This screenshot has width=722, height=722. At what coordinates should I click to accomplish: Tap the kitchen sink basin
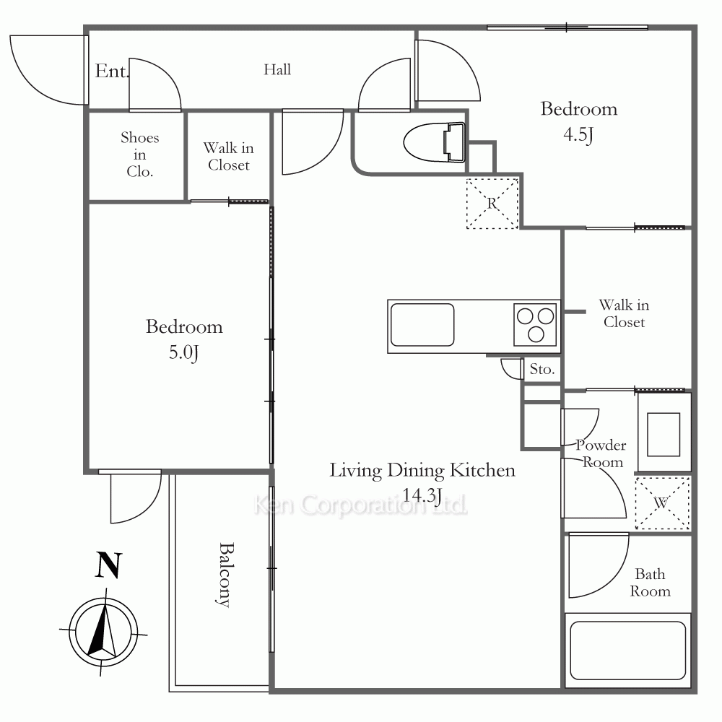(422, 325)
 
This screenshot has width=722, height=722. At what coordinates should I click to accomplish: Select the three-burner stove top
(535, 325)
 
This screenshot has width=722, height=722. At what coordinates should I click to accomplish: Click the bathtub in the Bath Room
(627, 651)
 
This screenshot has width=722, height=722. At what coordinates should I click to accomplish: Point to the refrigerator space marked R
(492, 204)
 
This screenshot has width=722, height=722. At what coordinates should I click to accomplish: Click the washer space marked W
(662, 503)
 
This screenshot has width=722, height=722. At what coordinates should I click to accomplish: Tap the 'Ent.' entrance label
(112, 71)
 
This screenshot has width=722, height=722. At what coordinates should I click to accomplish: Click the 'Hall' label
(277, 69)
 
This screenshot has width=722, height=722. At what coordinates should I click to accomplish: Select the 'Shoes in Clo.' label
(140, 155)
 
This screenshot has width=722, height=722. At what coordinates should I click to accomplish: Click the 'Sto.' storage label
(542, 369)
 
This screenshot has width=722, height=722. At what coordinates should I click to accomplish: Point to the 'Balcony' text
(225, 575)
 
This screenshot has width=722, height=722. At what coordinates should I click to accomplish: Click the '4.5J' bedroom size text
(578, 135)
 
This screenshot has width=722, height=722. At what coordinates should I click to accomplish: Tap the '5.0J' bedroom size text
(183, 353)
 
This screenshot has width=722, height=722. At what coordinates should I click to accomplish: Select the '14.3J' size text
(422, 495)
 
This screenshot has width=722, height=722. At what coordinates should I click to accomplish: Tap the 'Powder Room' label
(602, 453)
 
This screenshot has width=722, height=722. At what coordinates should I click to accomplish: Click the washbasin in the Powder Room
(664, 434)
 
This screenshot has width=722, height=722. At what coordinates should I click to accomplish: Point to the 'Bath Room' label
(651, 583)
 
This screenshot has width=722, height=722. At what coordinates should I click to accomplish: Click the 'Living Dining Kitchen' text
(422, 471)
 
